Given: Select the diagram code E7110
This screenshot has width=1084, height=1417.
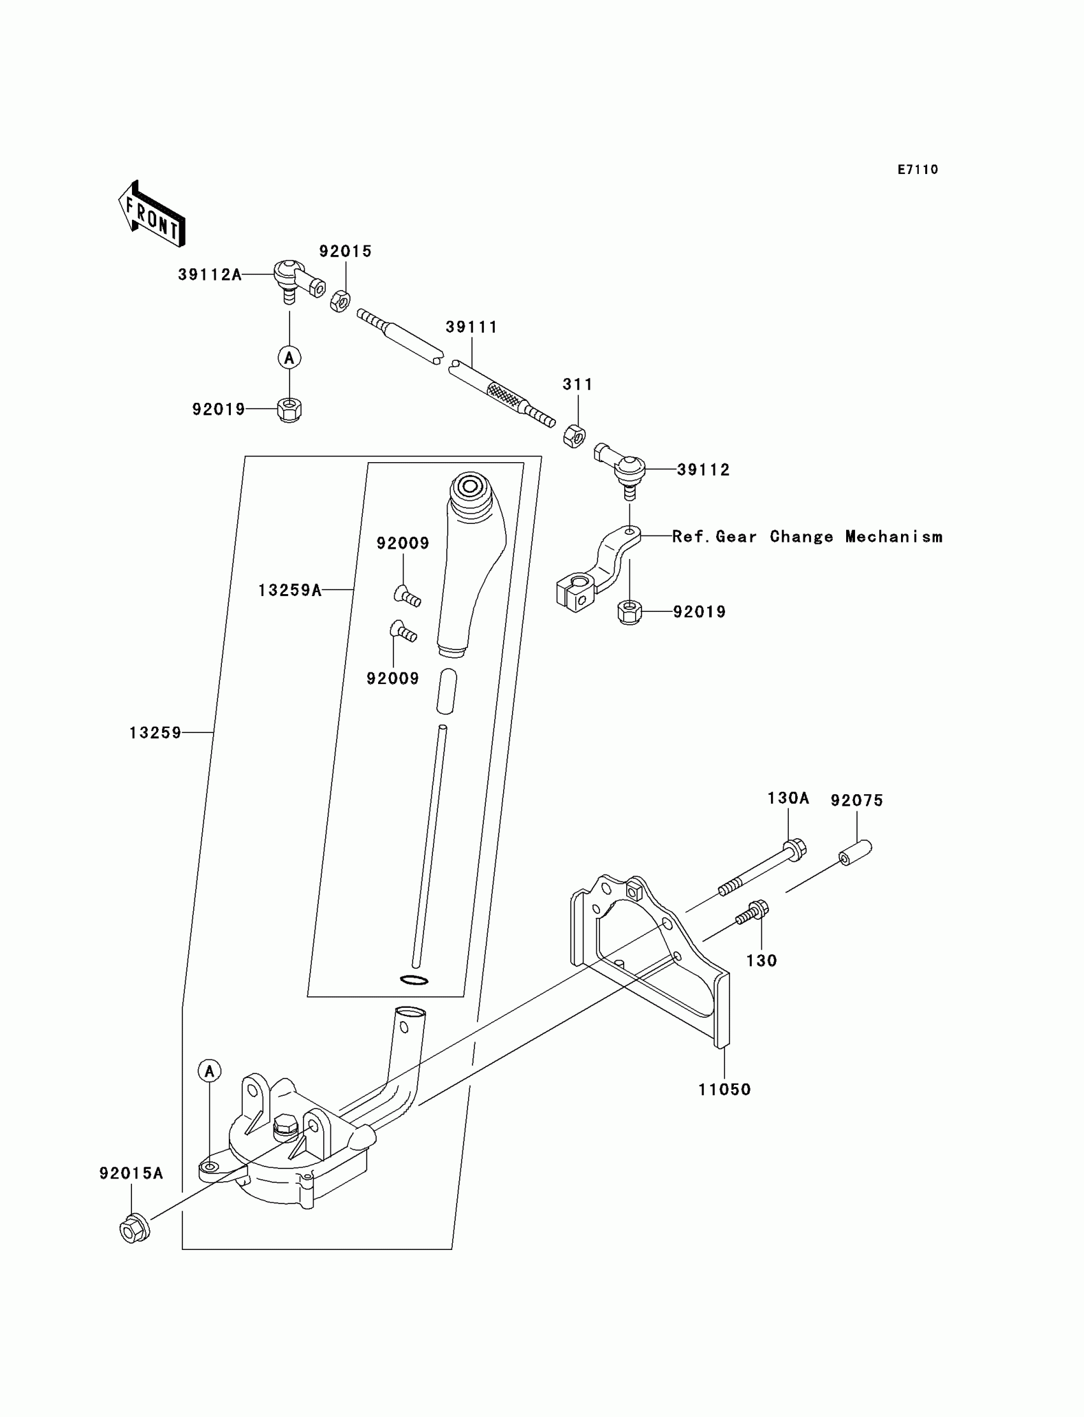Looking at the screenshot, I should tap(918, 170).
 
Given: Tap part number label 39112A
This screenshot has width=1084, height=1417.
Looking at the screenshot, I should tap(210, 275).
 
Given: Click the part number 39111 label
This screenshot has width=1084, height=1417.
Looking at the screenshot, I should tap(472, 327).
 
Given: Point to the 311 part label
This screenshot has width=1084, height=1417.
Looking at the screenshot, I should tap(578, 384).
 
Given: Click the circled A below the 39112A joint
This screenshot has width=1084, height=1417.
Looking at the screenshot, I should tap(289, 358).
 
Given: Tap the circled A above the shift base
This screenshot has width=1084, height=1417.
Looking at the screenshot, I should tap(209, 1072).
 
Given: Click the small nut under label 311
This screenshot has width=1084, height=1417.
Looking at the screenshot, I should tap(575, 437).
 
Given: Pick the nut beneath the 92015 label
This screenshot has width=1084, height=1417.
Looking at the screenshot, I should tap(340, 301).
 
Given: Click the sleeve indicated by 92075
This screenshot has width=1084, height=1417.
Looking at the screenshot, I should tap(856, 852).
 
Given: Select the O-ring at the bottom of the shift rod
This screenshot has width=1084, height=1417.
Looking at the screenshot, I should tap(414, 980).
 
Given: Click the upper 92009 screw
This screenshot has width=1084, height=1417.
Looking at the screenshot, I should tap(407, 595).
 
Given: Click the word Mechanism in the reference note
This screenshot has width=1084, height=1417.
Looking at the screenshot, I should tap(893, 537).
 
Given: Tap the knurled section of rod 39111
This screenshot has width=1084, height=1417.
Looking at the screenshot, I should tap(503, 394).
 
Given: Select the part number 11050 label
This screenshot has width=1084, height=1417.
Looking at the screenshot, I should tap(724, 1089).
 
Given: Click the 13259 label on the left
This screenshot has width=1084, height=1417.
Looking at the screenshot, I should tap(156, 732).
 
